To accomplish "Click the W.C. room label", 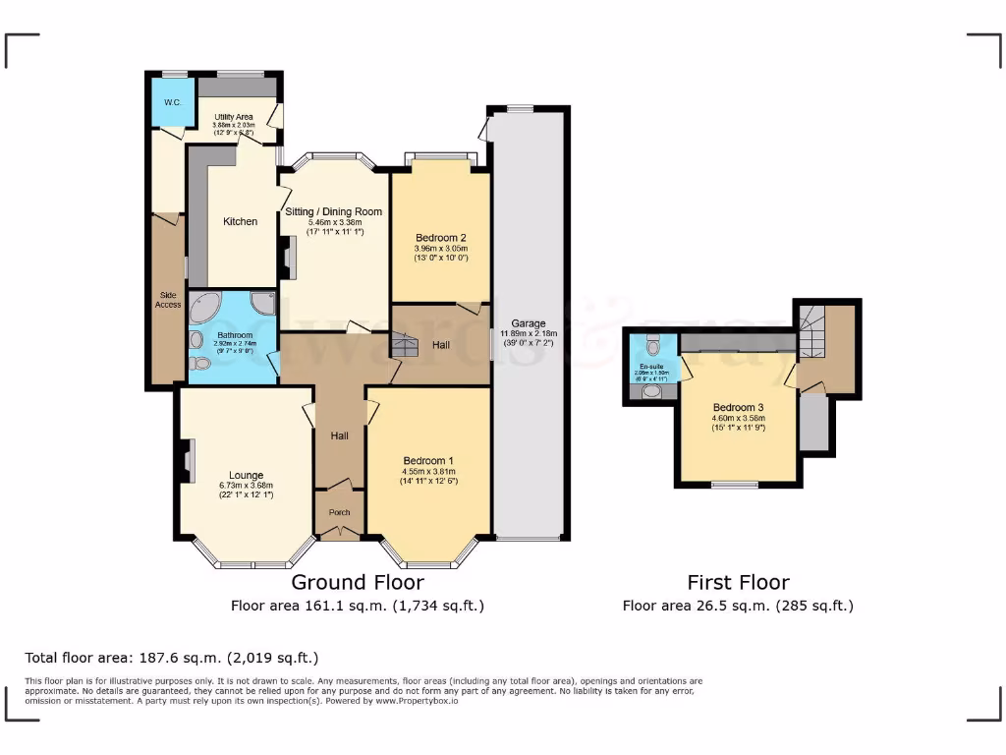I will (x=172, y=102).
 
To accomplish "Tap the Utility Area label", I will (x=233, y=117).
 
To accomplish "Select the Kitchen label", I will (x=240, y=221).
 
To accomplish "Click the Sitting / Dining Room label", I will (x=333, y=211).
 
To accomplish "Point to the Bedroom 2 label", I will (x=440, y=238).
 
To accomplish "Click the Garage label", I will (x=528, y=322).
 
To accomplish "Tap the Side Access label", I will (x=167, y=299).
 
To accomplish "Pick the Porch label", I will (x=339, y=512).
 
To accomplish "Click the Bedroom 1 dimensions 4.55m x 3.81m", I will (x=428, y=470).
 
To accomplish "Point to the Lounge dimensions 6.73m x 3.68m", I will (x=245, y=485).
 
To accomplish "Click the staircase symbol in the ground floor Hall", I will (x=404, y=344).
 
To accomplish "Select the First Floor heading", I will (x=738, y=582).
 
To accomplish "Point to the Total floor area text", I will (x=172, y=658).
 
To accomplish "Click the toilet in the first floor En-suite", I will (x=652, y=346).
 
